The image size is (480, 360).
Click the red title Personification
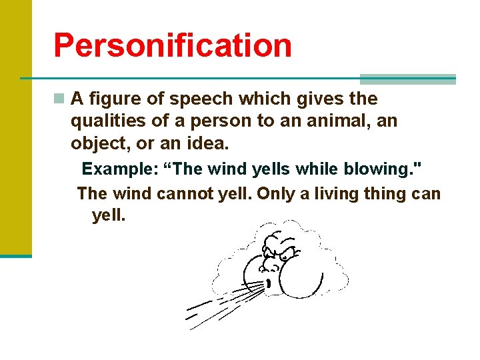[x=172, y=45]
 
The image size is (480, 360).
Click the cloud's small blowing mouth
[x=268, y=284]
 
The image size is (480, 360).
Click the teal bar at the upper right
[x=407, y=79]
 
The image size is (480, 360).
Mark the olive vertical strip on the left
[x=15, y=127]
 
